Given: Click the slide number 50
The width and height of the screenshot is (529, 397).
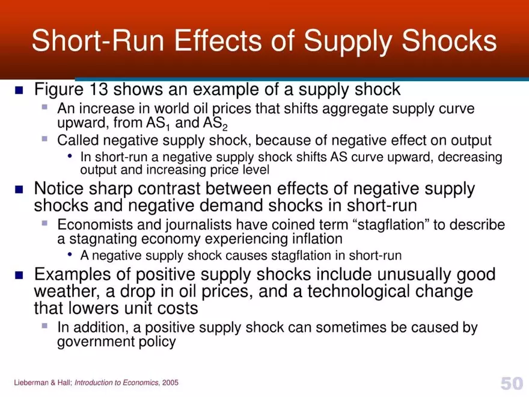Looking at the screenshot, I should (511, 383).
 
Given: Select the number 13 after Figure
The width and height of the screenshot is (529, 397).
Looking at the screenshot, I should (99, 90).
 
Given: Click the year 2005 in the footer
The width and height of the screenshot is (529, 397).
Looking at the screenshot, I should (170, 383).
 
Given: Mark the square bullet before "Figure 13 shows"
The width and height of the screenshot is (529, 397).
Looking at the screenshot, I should (19, 91).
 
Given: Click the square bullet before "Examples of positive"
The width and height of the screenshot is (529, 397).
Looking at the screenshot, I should (19, 276).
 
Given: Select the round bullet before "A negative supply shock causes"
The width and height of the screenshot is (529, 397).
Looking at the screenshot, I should (71, 254).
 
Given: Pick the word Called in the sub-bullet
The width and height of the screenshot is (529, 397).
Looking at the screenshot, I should (75, 141).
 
